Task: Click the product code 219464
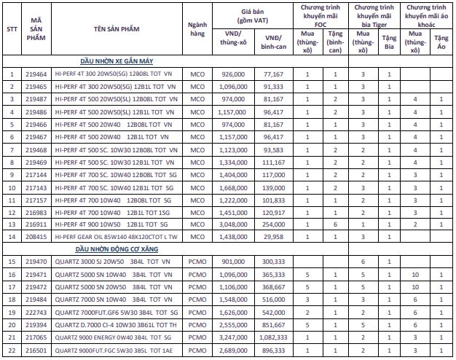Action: (36, 74)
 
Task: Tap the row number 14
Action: (11, 237)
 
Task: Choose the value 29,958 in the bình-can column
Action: (273, 237)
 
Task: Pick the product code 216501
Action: (36, 351)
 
